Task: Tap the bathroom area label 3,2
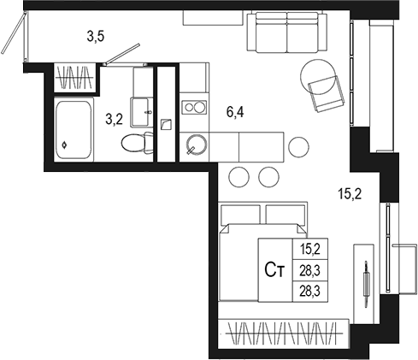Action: (x=115, y=120)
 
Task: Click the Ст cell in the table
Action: (x=274, y=271)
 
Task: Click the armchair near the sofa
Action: (x=324, y=86)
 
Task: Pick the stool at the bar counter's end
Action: (x=297, y=147)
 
